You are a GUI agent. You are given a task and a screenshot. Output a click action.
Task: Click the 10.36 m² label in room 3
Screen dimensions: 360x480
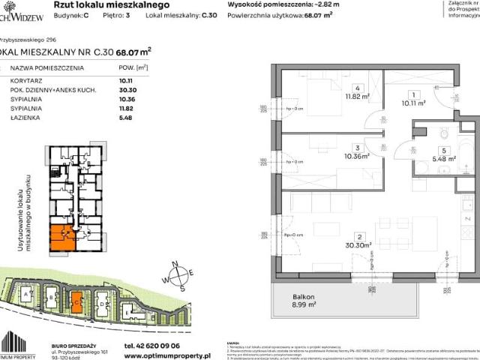(x=346, y=157)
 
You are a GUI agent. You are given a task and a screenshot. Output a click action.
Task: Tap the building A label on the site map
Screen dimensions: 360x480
(x=28, y=295)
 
